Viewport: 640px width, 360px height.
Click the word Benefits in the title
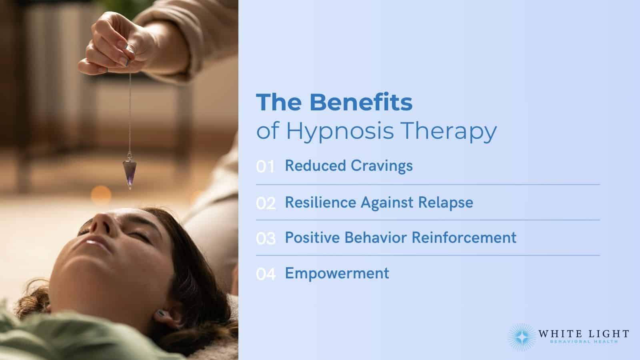click(x=361, y=102)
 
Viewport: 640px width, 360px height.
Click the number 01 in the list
click(x=265, y=167)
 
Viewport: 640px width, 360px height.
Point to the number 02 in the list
click(x=266, y=203)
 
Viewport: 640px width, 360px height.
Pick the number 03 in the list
click(x=266, y=239)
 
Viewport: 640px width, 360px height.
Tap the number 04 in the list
click(x=266, y=274)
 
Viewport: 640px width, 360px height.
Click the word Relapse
click(x=445, y=202)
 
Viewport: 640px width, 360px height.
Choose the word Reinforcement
click(x=464, y=238)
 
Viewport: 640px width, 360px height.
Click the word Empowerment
click(x=337, y=273)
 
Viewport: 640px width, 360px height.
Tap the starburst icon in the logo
click(x=521, y=337)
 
